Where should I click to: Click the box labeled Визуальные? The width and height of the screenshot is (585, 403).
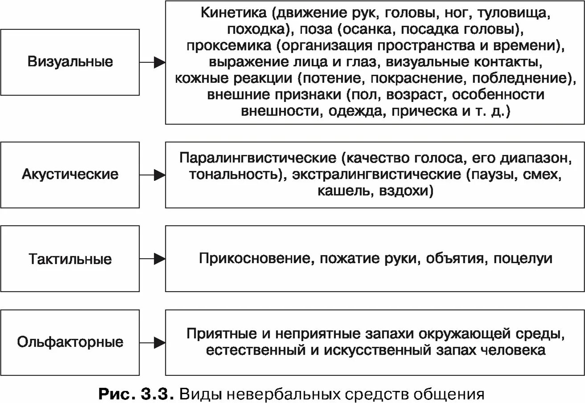70,62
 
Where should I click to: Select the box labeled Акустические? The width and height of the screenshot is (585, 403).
70,175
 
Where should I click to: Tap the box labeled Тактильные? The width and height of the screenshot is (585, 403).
70,259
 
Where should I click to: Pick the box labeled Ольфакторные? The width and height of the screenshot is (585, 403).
70,342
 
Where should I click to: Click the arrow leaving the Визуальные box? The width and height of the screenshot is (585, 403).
152,62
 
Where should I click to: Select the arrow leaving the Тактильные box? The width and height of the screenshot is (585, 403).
152,259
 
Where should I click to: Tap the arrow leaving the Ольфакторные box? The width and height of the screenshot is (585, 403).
152,342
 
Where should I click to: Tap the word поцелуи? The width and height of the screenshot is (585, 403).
523,259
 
